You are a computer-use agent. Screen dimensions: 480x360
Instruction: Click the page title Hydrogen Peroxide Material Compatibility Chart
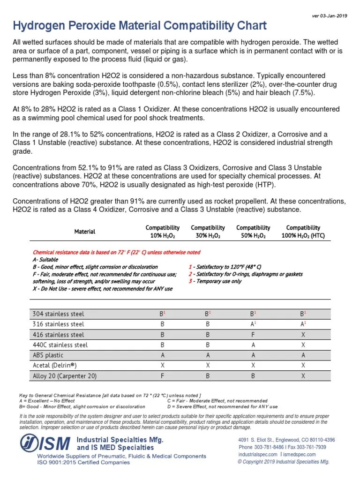pyautogui.click(x=139, y=25)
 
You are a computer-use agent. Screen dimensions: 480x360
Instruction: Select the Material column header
pyautogui.click(x=85, y=232)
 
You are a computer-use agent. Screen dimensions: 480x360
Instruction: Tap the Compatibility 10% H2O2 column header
pyautogui.click(x=162, y=232)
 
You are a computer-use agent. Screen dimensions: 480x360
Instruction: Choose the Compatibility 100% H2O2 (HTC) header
pyautogui.click(x=303, y=232)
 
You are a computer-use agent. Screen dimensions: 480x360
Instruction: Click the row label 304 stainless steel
pyautogui.click(x=59, y=314)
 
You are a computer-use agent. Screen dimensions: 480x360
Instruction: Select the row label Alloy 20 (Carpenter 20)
pyautogui.click(x=65, y=376)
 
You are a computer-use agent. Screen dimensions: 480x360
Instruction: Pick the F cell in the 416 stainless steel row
pyautogui.click(x=253, y=335)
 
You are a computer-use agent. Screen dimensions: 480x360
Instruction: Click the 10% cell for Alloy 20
pyautogui.click(x=162, y=376)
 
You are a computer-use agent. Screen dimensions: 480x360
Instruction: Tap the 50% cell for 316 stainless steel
pyautogui.click(x=253, y=324)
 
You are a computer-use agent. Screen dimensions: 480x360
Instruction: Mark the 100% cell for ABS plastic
pyautogui.click(x=303, y=355)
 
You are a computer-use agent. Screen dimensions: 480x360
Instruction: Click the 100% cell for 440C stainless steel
pyautogui.click(x=303, y=345)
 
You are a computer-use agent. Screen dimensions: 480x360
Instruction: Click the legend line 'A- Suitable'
pyautogui.click(x=45, y=259)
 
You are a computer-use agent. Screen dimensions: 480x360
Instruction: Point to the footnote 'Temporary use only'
pyautogui.click(x=217, y=281)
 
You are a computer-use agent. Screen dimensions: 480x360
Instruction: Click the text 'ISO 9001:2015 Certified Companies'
pyautogui.click(x=83, y=462)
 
